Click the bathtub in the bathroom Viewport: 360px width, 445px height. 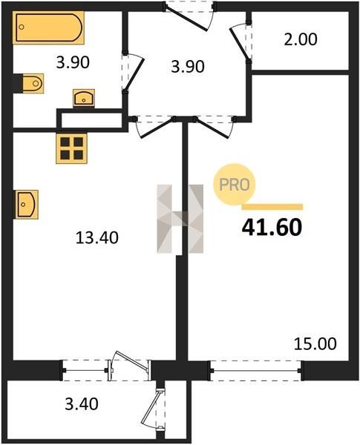pyautogui.click(x=48, y=28)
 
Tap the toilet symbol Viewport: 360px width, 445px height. pyautogui.click(x=33, y=83)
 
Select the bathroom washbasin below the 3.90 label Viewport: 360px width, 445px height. pyautogui.click(x=84, y=98)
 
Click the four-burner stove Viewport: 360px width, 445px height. pyautogui.click(x=71, y=148)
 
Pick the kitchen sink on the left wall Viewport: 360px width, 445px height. pyautogui.click(x=26, y=205)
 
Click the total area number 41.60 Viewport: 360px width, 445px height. pyautogui.click(x=272, y=228)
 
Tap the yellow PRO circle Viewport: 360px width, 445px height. pyautogui.click(x=235, y=185)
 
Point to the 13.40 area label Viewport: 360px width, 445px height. pyautogui.click(x=97, y=237)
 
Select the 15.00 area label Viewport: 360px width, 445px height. pyautogui.click(x=315, y=344)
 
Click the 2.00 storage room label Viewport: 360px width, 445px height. pyautogui.click(x=301, y=39)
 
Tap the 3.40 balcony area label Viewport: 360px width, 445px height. pyautogui.click(x=82, y=404)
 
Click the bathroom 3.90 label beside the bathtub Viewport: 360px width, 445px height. pyautogui.click(x=73, y=62)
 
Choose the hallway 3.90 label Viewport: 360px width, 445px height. pyautogui.click(x=188, y=67)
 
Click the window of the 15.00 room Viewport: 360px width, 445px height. pyautogui.click(x=256, y=370)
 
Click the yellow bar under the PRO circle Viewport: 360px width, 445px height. pyautogui.click(x=272, y=207)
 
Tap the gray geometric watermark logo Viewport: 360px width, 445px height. pyautogui.click(x=180, y=219)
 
